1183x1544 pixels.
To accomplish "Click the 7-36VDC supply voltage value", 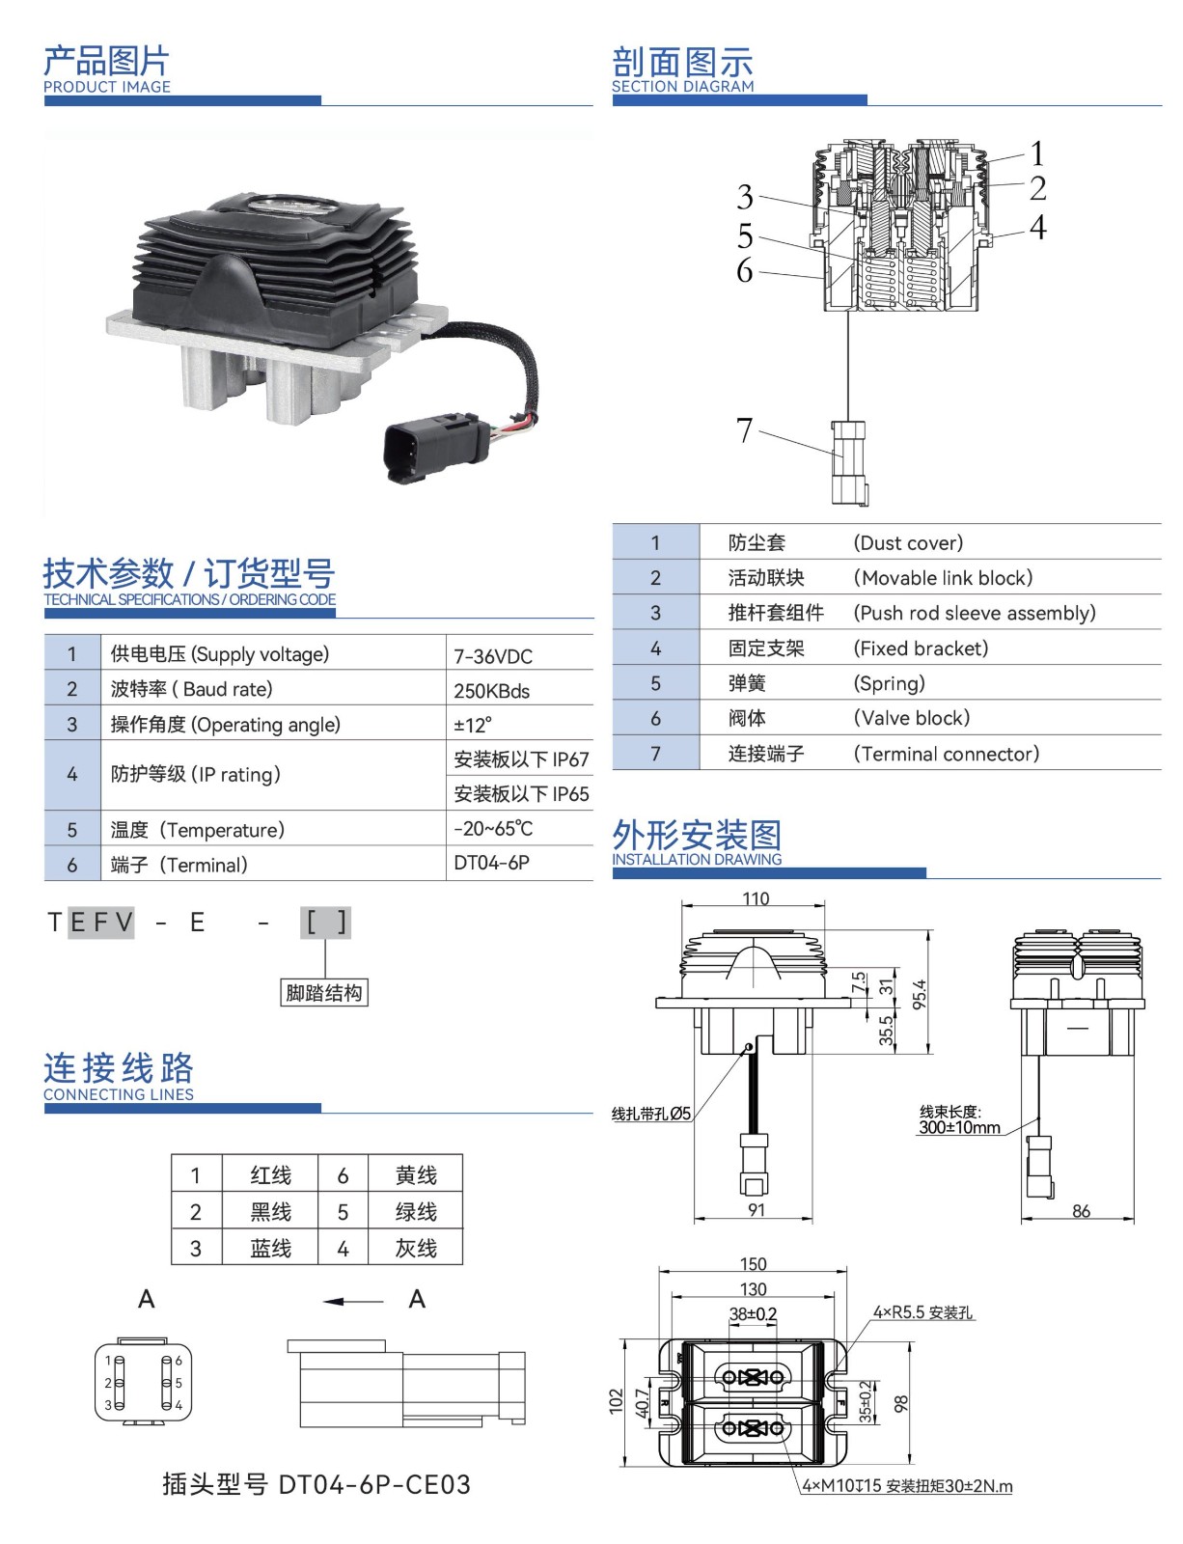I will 493,656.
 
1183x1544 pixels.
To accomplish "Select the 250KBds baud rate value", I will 492,691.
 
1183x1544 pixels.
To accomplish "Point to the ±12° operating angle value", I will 473,725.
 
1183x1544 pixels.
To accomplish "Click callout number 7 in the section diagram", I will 744,430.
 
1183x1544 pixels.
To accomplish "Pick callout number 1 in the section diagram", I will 1037,153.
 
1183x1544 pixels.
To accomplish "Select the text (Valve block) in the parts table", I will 912,718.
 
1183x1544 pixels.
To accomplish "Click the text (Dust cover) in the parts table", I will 908,543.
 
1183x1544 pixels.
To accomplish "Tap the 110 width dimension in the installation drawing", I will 756,898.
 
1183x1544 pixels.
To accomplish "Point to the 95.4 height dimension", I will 920,994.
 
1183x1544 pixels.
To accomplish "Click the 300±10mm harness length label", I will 959,1127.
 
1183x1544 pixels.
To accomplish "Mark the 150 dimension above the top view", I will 753,1264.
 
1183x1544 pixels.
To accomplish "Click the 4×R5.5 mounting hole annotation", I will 923,1312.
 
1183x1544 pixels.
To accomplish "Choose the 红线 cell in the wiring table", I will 270,1175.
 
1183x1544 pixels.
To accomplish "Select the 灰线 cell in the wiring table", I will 416,1249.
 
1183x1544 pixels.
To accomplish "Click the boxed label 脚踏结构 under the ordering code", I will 324,993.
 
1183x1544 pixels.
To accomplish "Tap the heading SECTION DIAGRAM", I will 683,86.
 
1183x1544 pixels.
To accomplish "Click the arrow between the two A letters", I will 353,1302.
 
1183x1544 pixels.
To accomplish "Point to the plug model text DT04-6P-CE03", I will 374,1484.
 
